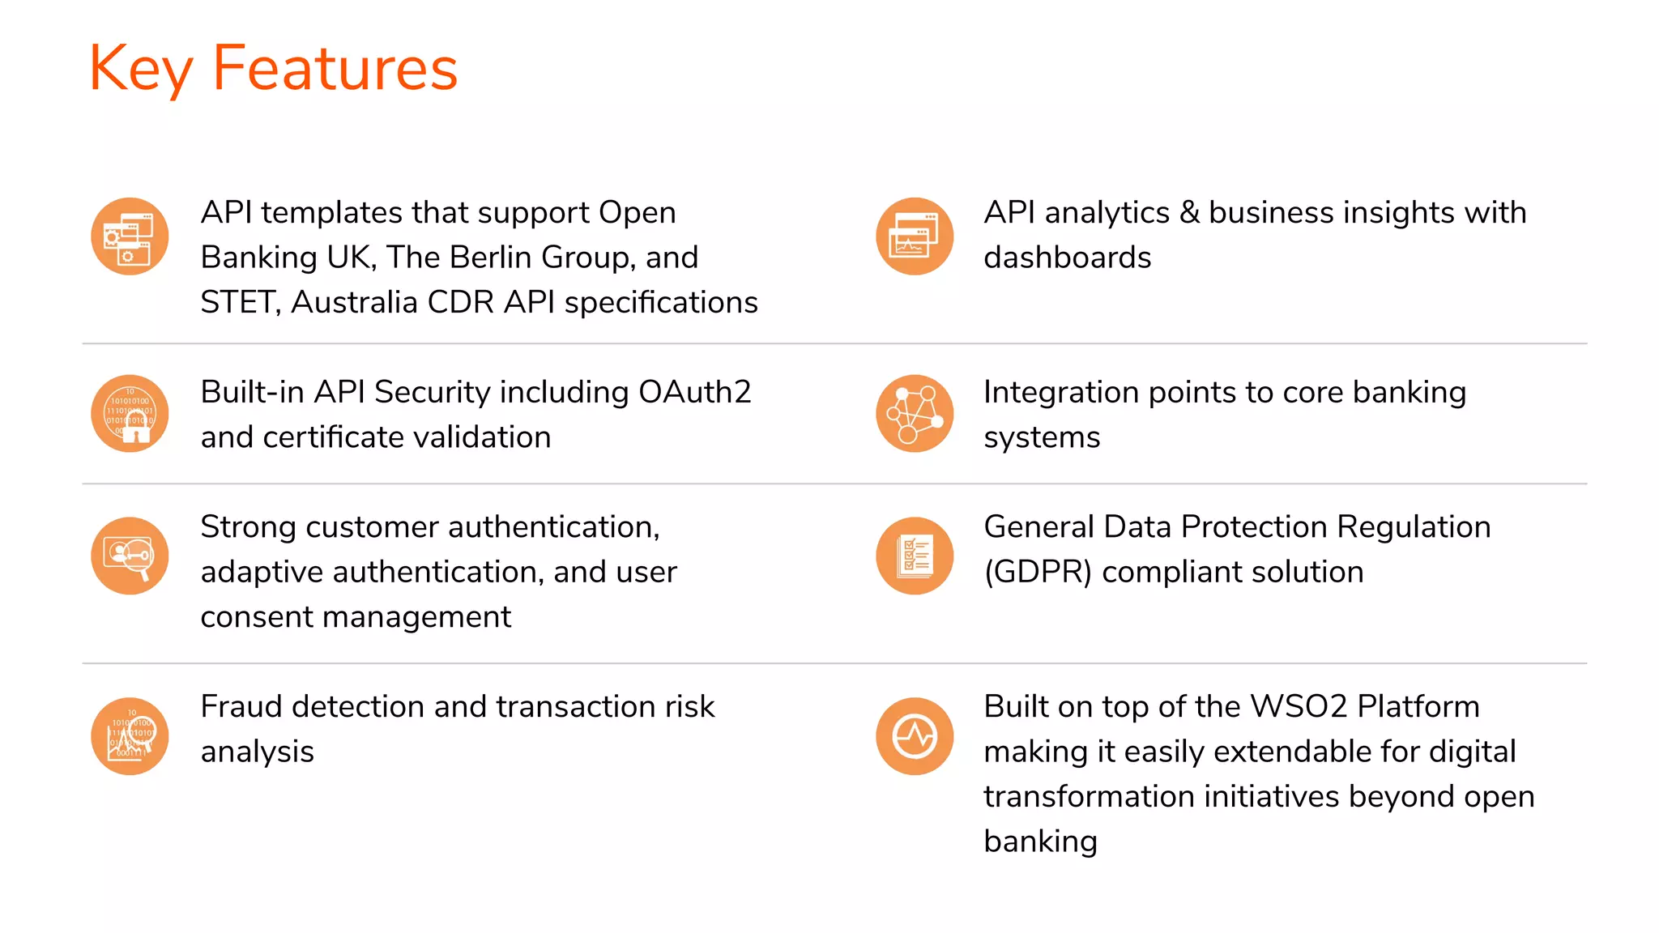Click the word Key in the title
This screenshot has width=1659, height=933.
tap(140, 70)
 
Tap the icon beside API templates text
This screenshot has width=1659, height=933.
tap(130, 236)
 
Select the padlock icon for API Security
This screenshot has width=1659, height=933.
tap(130, 414)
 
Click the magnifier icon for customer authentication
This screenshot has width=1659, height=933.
tap(130, 556)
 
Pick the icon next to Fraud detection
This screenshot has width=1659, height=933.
tap(130, 736)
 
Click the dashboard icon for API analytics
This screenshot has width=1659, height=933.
tap(915, 236)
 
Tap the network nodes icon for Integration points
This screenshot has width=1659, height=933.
tap(915, 414)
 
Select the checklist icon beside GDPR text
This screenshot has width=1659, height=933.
tap(915, 556)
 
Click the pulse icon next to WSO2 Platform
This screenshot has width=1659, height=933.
tap(915, 736)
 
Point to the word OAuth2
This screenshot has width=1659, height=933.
tap(694, 392)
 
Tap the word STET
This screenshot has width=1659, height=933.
tap(240, 303)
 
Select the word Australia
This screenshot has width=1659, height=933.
tap(354, 303)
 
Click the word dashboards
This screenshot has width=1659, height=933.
tap(1067, 258)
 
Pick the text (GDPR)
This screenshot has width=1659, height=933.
tap(1038, 573)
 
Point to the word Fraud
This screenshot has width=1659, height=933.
tap(241, 707)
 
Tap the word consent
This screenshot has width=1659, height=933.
tap(257, 617)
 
